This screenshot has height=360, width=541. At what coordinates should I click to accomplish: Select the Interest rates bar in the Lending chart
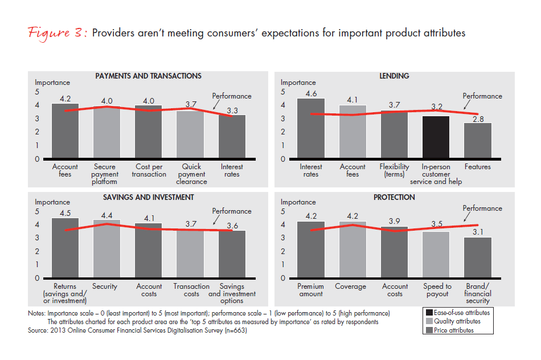tap(311, 129)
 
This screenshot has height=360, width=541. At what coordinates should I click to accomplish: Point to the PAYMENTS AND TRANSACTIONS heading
tap(148, 76)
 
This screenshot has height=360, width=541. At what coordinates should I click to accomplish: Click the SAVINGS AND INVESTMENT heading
tap(148, 197)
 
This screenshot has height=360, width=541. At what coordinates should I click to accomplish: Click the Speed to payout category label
tap(437, 290)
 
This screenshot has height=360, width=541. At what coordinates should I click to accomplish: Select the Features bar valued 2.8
tap(477, 141)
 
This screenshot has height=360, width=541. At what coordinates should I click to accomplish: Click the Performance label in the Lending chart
tap(482, 96)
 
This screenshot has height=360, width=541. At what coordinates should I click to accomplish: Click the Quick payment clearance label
tap(190, 174)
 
